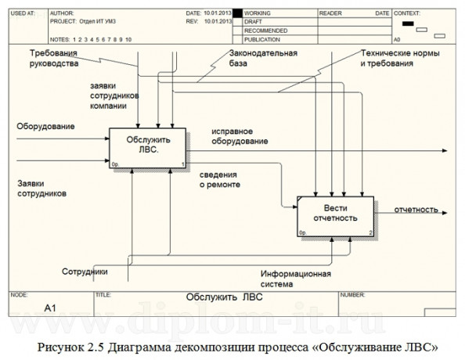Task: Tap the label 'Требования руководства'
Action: tap(56, 59)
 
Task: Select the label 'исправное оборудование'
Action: tap(239, 136)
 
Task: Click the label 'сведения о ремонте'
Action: tap(220, 179)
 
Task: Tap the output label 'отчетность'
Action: tap(416, 210)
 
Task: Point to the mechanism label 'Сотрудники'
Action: tap(85, 272)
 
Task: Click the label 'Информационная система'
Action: tap(296, 279)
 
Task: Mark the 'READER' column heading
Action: tap(331, 14)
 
